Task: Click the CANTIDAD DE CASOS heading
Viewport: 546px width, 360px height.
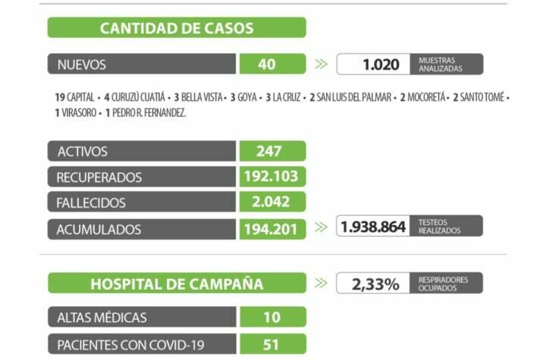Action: pyautogui.click(x=177, y=28)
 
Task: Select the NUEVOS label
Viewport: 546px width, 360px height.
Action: pyautogui.click(x=82, y=64)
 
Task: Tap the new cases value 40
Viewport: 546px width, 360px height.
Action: pyautogui.click(x=267, y=64)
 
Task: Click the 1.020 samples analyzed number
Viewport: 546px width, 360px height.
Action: pyautogui.click(x=381, y=64)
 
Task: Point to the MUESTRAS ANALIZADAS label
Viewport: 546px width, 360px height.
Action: pyautogui.click(x=440, y=64)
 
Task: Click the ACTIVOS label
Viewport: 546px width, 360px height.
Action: pyautogui.click(x=83, y=152)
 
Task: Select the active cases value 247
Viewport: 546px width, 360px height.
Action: pyautogui.click(x=269, y=152)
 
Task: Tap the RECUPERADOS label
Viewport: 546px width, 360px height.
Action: pyautogui.click(x=99, y=177)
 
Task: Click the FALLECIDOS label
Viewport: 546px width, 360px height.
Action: pyautogui.click(x=91, y=203)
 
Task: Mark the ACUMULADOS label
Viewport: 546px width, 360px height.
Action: pyautogui.click(x=99, y=229)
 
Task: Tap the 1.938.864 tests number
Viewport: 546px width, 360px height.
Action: pyautogui.click(x=374, y=227)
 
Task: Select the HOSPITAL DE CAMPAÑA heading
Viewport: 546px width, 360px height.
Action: pyautogui.click(x=177, y=284)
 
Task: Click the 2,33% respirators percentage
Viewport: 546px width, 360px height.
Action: pyautogui.click(x=375, y=284)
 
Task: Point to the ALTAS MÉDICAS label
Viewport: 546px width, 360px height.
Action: pyautogui.click(x=102, y=317)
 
